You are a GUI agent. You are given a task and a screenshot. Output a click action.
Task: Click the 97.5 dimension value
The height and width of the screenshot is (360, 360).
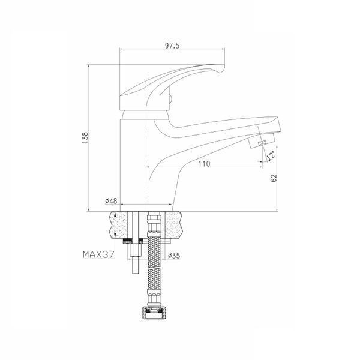tap(172, 46)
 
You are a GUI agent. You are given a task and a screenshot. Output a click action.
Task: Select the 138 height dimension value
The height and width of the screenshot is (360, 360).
tap(85, 137)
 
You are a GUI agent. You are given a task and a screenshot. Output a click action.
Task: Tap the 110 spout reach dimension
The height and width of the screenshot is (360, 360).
tap(204, 164)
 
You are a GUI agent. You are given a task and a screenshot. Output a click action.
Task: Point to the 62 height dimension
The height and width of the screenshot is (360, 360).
tap(274, 178)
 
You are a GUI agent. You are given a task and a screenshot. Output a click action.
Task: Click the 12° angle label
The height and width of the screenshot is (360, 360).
tap(271, 155)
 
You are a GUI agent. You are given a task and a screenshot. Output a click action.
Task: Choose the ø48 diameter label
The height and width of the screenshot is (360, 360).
tap(111, 201)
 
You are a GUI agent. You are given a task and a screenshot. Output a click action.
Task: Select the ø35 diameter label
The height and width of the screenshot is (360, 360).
tap(174, 256)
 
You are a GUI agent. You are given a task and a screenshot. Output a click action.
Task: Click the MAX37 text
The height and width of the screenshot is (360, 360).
tap(98, 254)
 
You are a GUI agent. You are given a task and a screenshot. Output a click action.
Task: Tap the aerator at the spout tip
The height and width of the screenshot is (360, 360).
tap(262, 140)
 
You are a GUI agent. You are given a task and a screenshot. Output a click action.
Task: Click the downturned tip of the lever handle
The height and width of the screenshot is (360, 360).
tap(220, 69)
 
